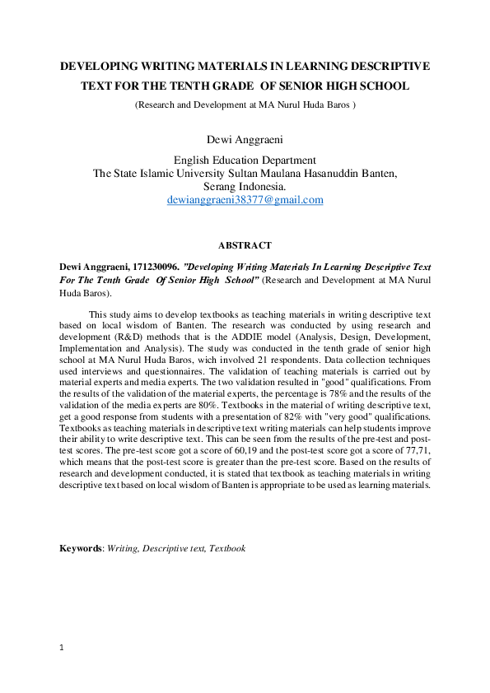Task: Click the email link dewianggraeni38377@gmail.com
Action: click(245, 200)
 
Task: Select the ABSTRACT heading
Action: click(245, 246)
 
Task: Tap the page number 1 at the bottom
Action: click(62, 648)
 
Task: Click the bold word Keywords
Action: click(79, 548)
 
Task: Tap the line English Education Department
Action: click(245, 160)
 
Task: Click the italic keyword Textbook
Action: click(227, 548)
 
